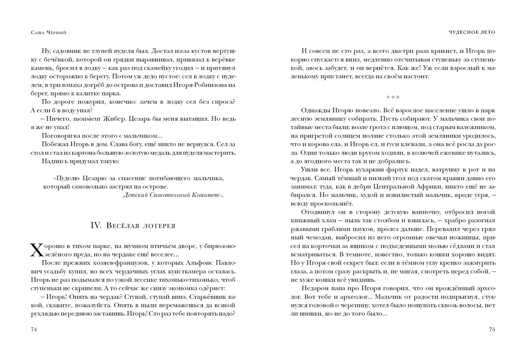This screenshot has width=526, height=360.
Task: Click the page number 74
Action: click(33, 329)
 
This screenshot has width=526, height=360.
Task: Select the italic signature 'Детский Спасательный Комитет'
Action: click(174, 195)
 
